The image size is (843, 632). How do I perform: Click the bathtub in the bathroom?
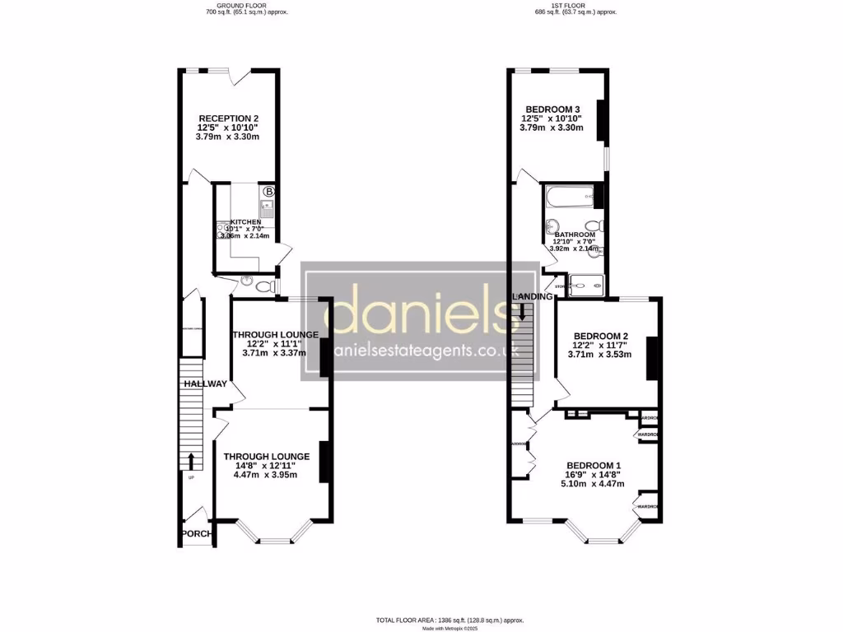point(568,196)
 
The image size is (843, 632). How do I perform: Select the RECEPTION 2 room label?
point(227,118)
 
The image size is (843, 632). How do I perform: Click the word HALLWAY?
point(205,383)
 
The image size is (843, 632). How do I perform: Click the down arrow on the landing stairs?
point(521,310)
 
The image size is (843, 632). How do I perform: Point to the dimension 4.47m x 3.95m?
point(265,474)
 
